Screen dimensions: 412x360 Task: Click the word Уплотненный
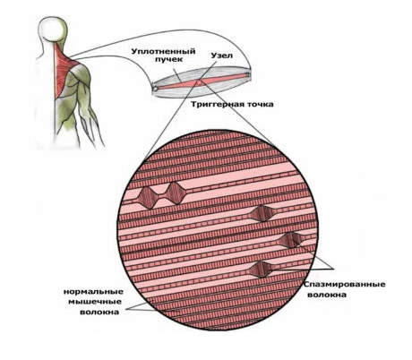164,51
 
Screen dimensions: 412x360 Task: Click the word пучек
168,59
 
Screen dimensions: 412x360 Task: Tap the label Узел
222,56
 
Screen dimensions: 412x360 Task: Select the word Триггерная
215,105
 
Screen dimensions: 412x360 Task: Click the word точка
257,105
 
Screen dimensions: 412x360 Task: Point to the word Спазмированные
345,284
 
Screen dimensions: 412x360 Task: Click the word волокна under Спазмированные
327,295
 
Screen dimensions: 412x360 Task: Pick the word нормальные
93,291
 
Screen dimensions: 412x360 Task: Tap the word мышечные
95,302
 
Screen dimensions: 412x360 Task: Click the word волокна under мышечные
99,313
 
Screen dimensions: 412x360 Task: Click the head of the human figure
52,29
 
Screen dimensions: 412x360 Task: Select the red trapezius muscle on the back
64,71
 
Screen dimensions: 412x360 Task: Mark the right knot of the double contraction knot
175,193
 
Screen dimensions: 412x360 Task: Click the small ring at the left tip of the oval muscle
155,89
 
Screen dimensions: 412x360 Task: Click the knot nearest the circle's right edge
291,240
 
